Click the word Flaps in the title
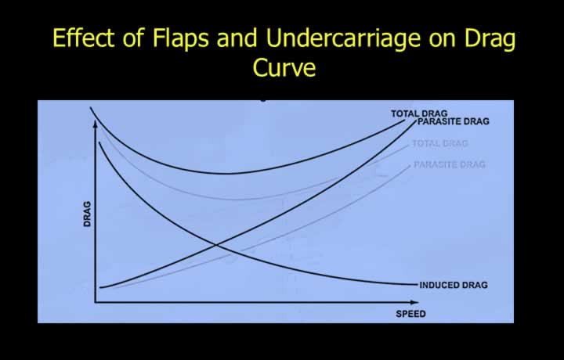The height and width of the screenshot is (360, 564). pos(181,38)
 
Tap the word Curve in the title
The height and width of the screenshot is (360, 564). pos(284,67)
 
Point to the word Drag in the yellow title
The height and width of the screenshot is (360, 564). pos(490,39)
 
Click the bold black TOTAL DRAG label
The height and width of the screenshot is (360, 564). pos(419,113)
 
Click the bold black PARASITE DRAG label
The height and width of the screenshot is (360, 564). pos(454,121)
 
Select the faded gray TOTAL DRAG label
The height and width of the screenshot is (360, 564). pos(439,143)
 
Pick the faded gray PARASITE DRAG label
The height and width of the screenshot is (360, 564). pos(450,164)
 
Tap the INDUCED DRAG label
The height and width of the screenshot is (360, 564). pos(454,285)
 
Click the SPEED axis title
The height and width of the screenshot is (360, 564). pos(410,314)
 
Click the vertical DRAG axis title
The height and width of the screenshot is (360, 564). pos(87,214)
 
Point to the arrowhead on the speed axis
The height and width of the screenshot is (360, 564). pos(414,303)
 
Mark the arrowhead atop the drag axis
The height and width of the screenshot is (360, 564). pos(96,124)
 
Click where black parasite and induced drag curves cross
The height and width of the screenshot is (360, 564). pos(216,245)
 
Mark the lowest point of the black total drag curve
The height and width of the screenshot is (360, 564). pos(229,174)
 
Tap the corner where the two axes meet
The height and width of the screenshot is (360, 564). pos(96,303)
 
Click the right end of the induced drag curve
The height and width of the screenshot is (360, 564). pos(418,285)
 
